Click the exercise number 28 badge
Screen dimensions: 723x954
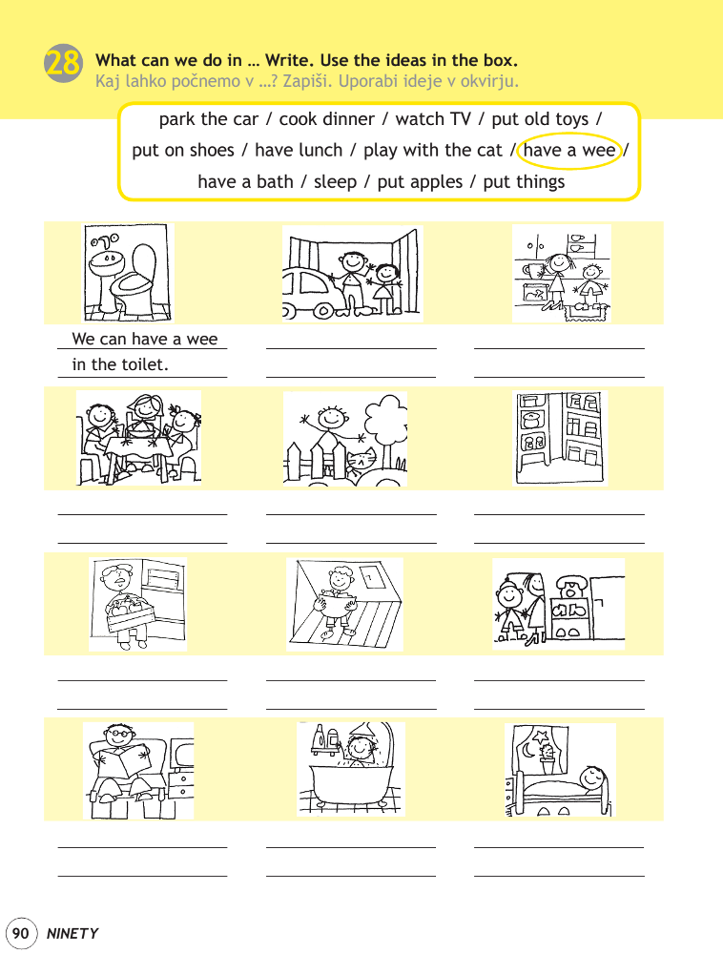coord(63,63)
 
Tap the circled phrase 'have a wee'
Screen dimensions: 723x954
coord(569,151)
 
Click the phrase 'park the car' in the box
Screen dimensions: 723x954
coord(209,119)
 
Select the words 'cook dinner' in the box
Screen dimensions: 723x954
coord(326,119)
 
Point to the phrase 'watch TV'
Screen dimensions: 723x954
coord(433,119)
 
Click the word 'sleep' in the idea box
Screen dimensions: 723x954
coord(335,182)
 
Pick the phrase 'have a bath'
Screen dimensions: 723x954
coord(246,182)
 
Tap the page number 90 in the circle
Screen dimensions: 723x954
coord(20,933)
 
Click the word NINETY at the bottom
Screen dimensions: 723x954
coord(72,934)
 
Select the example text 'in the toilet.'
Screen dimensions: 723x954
coord(120,364)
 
